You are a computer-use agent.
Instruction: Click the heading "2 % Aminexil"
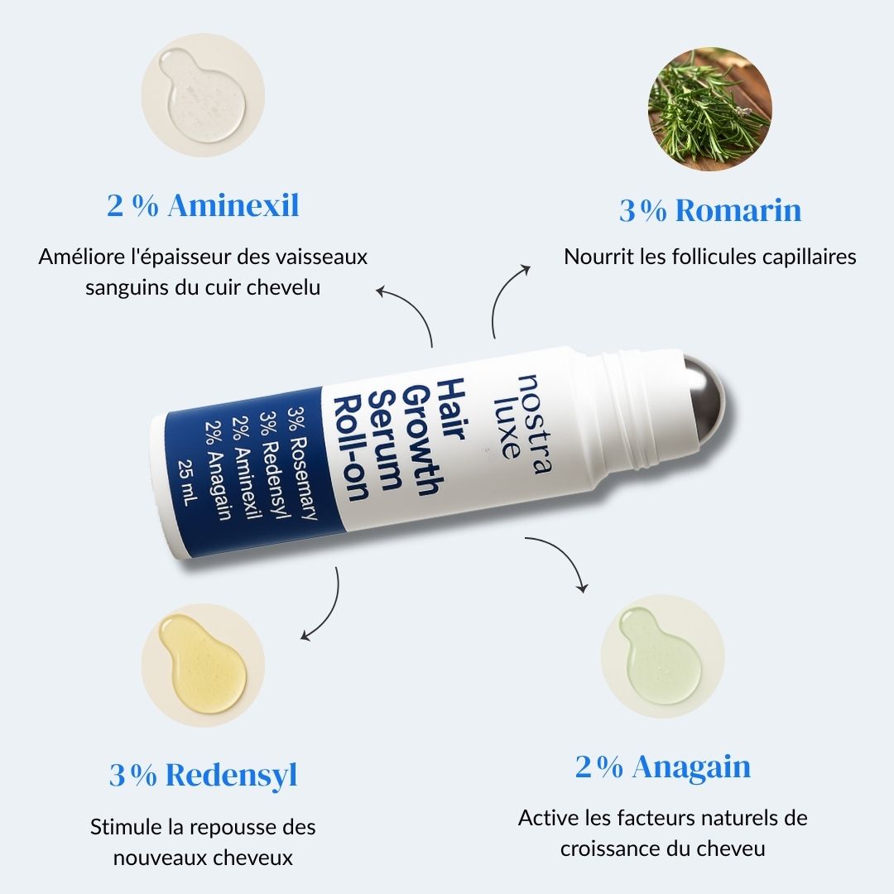[x=203, y=206]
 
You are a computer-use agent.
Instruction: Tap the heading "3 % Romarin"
[x=710, y=210]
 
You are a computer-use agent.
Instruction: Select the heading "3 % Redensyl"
[x=203, y=776]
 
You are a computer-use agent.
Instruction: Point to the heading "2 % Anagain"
[x=663, y=767]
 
